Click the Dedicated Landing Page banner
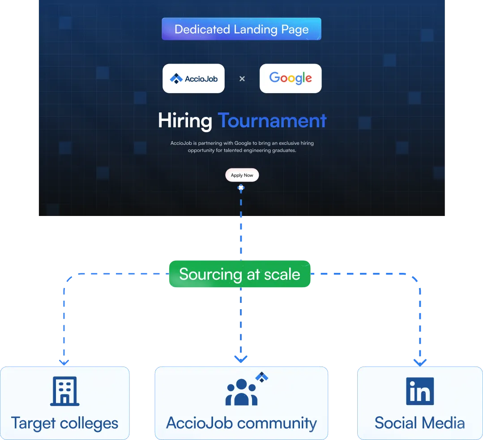241,30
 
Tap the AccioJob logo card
193,78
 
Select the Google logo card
291,78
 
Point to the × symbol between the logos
242,79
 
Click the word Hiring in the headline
185,121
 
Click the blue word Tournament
272,121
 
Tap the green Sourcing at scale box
239,274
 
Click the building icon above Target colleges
64,391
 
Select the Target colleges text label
64,423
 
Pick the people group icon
242,392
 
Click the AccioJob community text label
241,423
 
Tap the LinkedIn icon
420,391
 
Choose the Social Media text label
420,423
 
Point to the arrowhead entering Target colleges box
64,361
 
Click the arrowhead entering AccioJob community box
241,359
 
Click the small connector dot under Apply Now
241,188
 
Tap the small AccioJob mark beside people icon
261,377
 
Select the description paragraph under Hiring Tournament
242,147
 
